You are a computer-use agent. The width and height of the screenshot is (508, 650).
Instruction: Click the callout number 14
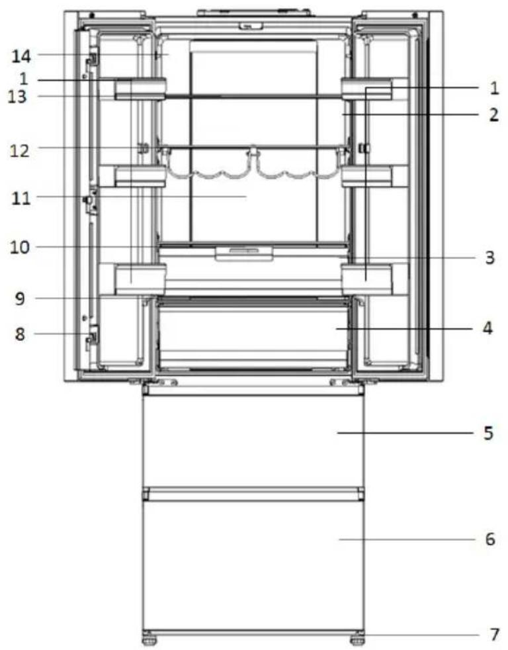point(21,56)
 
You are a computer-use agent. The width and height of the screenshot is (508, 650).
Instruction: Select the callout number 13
point(17,97)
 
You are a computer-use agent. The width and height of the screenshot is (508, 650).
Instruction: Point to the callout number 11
point(21,199)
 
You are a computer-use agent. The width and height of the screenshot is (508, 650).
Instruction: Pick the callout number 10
point(21,248)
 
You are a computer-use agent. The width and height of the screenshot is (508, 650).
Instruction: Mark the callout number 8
point(20,334)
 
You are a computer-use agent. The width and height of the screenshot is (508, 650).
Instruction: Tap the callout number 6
point(490,539)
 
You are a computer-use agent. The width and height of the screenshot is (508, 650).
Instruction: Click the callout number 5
point(489,433)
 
